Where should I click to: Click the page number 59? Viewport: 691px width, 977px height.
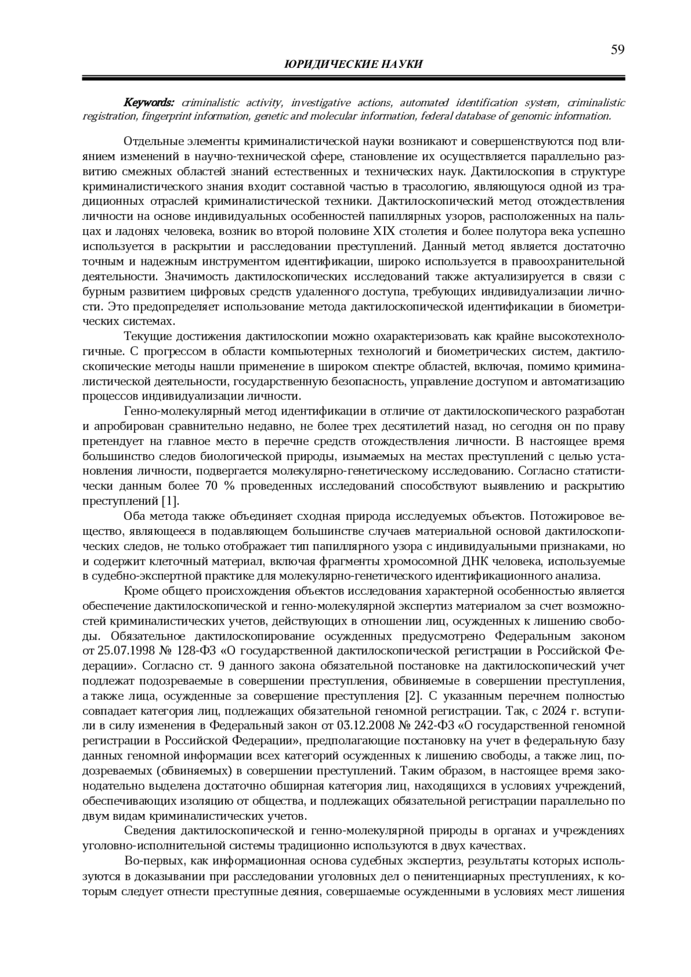(617, 50)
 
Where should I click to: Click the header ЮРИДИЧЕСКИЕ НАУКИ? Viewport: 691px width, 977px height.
(354, 64)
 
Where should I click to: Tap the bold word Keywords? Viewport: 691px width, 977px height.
(149, 102)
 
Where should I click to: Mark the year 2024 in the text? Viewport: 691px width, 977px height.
(578, 709)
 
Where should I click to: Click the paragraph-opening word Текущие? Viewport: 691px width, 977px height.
(145, 336)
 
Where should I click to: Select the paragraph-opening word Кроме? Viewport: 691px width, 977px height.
(138, 591)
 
